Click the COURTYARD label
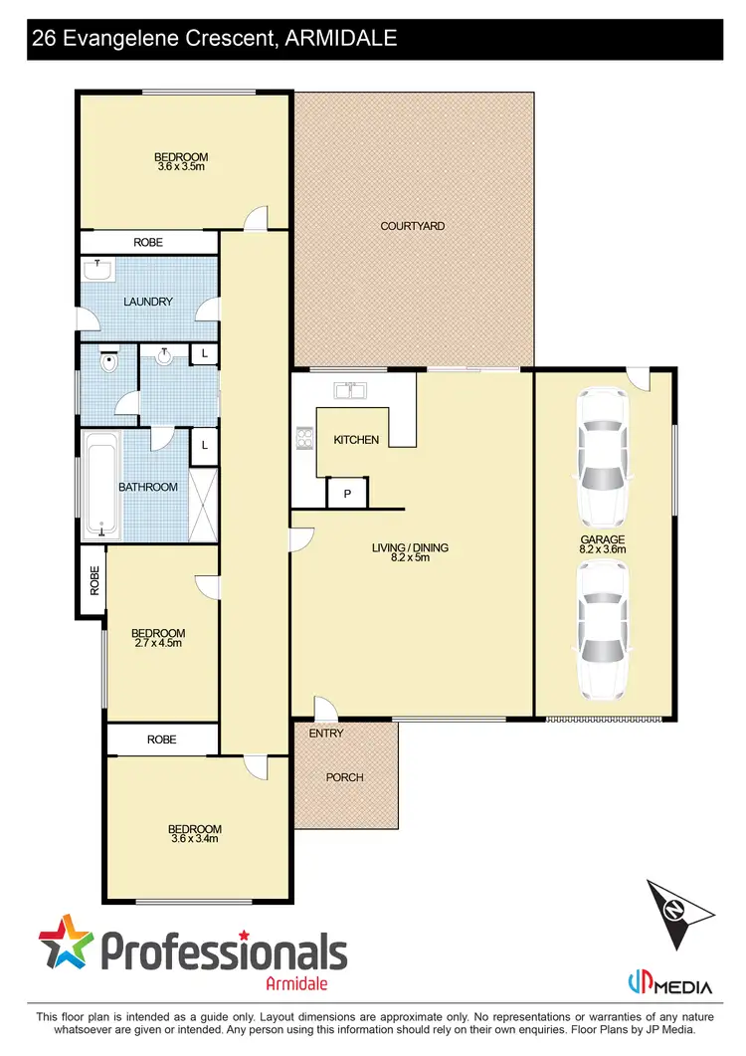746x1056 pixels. coord(412,226)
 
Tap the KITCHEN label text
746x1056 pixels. coord(355,439)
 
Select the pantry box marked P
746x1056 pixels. coord(348,493)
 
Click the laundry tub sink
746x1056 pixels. coord(97,269)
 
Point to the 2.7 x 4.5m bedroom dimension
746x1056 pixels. coord(158,644)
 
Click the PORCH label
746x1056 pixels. coord(345,777)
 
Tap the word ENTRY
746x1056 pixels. coord(325,734)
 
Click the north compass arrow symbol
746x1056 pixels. coord(679,911)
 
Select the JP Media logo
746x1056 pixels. coord(669,986)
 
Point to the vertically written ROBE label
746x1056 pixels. coord(93,579)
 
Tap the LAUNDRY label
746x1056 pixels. coord(148,302)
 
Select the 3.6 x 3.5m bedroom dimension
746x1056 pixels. coord(180,167)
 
